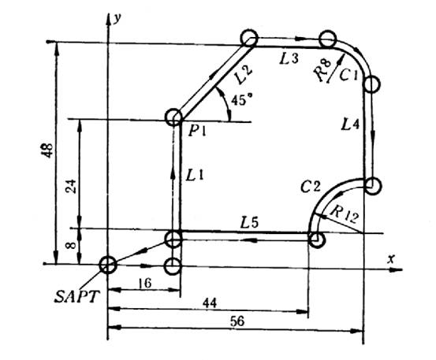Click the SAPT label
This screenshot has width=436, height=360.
(76, 297)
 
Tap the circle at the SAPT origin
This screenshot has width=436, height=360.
(108, 265)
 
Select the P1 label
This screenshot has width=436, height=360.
(197, 131)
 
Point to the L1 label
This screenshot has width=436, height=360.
(195, 175)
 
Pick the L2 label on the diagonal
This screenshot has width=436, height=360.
(243, 75)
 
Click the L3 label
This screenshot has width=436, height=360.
(289, 59)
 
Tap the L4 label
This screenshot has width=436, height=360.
(350, 124)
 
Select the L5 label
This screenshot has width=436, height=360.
(249, 222)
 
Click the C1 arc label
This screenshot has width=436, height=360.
(348, 75)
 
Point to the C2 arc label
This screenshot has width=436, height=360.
(311, 187)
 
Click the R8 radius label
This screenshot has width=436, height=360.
(323, 71)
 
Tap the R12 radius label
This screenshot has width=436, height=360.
(345, 215)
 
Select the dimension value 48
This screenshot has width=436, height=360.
(48, 150)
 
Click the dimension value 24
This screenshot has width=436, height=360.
(71, 187)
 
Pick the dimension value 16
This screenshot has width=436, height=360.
(145, 284)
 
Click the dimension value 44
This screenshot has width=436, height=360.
(210, 303)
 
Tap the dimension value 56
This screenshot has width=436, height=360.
(237, 321)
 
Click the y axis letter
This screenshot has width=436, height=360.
(117, 19)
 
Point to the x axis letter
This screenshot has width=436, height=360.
(391, 259)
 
